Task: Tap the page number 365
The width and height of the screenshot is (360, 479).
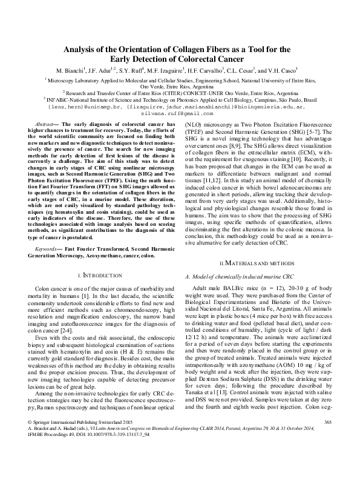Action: coord(329,455)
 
